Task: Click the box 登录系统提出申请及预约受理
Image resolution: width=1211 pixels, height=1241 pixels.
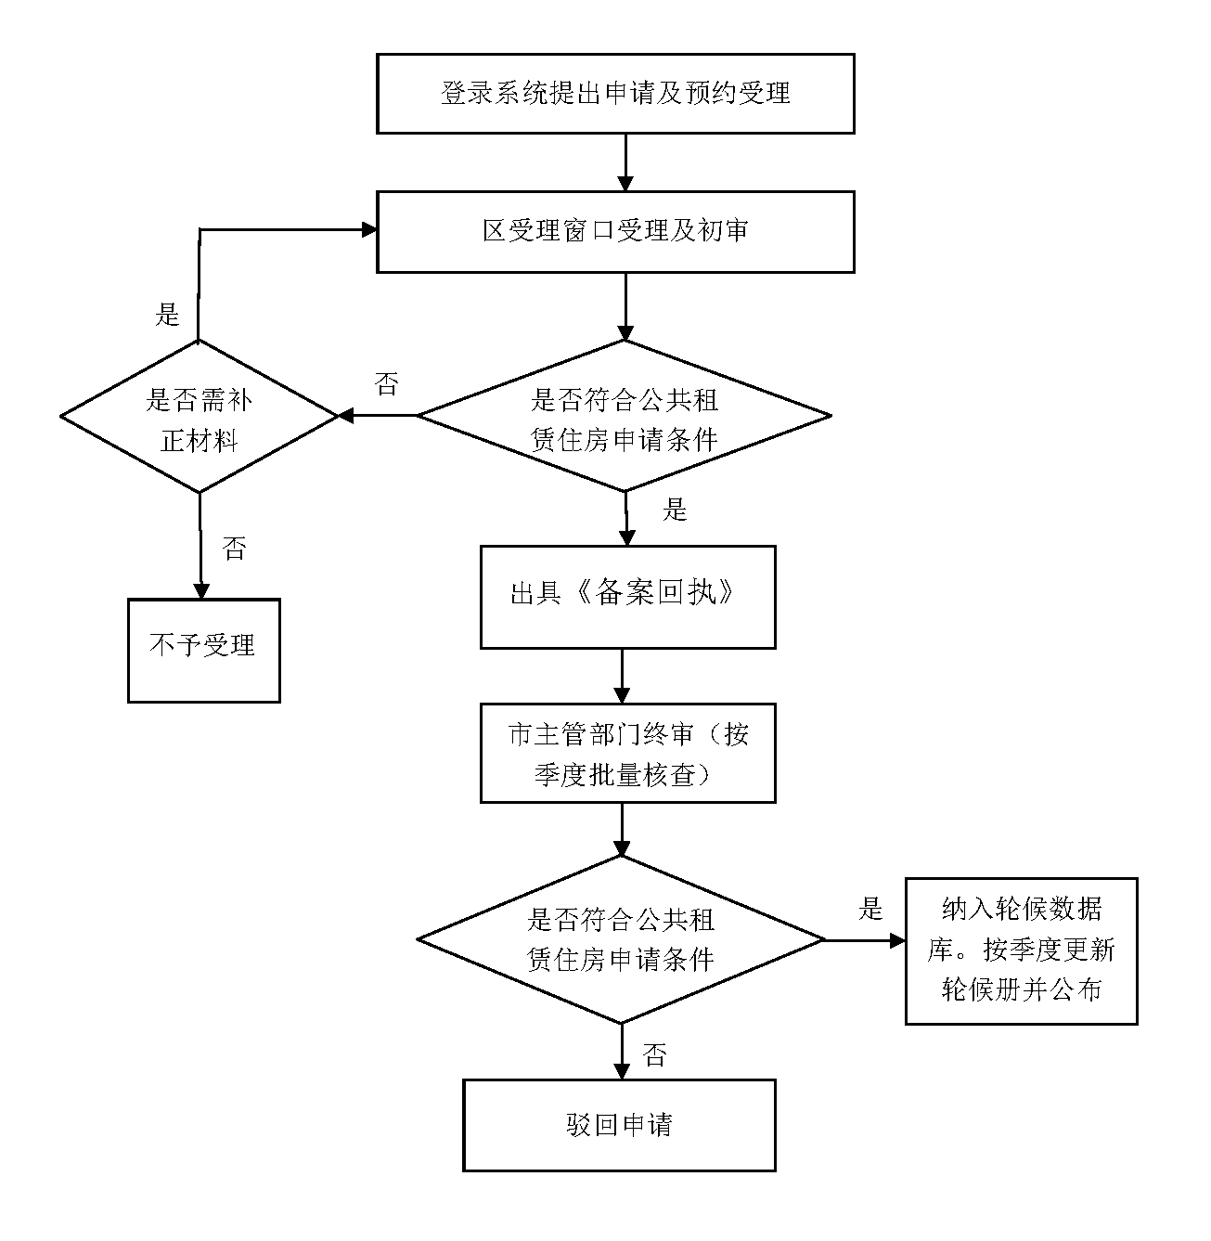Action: click(x=615, y=94)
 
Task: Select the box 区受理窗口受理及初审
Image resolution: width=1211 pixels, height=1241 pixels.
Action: click(x=615, y=231)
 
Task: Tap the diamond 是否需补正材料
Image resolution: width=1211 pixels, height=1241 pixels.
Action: click(x=200, y=417)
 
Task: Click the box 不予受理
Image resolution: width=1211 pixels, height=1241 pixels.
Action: click(x=203, y=650)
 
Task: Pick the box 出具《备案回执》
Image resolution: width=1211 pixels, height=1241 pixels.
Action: click(x=627, y=596)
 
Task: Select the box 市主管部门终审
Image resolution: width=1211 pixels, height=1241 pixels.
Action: click(x=627, y=752)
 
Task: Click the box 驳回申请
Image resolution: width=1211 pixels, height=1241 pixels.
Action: click(x=619, y=1124)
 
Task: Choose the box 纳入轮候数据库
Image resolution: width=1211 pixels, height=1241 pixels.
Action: click(x=1021, y=950)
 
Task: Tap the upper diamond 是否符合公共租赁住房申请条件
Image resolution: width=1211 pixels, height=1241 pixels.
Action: click(x=625, y=417)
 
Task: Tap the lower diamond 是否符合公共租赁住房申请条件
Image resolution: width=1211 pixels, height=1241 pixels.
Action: click(x=621, y=939)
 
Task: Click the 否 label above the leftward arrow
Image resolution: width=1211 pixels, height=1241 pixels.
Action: click(x=386, y=383)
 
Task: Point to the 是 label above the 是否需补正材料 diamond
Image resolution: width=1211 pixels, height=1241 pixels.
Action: click(x=167, y=315)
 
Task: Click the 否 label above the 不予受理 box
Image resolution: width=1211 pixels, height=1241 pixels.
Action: click(x=234, y=548)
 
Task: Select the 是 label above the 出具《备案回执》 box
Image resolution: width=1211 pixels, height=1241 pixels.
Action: click(x=675, y=509)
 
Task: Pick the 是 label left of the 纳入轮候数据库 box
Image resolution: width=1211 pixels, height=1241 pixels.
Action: click(x=870, y=908)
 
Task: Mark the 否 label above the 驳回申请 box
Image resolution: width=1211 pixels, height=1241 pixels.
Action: click(x=654, y=1054)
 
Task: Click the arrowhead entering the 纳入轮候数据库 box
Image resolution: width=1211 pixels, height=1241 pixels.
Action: click(x=897, y=940)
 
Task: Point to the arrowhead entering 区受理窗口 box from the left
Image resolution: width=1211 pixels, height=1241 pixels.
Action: click(x=368, y=229)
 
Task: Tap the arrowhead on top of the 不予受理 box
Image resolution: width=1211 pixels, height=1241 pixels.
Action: click(x=200, y=591)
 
